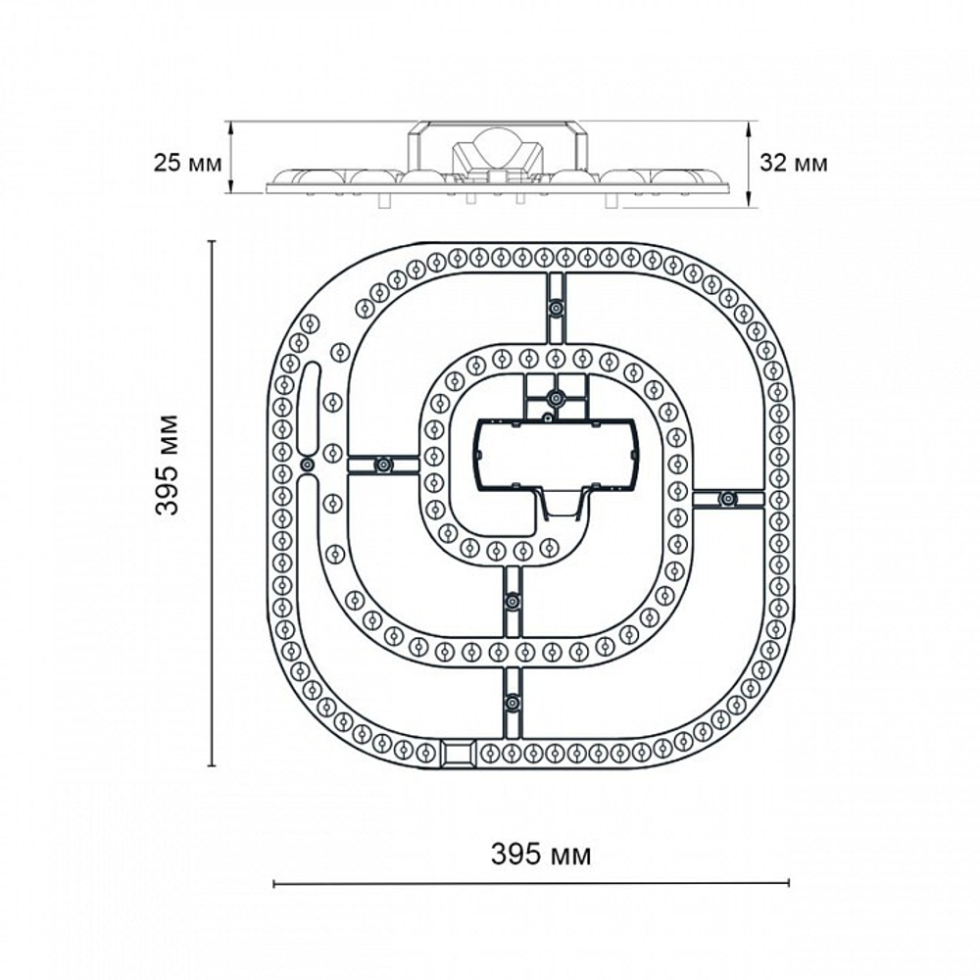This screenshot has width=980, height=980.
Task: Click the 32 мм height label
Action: (x=794, y=163)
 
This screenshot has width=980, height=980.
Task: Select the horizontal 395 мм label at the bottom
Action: (x=540, y=855)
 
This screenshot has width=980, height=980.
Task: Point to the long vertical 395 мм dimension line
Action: (x=213, y=504)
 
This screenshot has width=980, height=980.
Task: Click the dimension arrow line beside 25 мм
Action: (x=231, y=157)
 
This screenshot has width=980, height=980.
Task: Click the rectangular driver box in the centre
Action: (x=556, y=456)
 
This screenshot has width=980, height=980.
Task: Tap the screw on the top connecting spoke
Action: (x=556, y=308)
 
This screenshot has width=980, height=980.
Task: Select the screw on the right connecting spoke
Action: (x=727, y=499)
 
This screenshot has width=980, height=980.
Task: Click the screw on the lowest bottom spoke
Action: (x=511, y=702)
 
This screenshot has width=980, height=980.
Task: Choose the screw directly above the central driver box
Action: (x=556, y=398)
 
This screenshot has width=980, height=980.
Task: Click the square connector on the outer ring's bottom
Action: (x=457, y=753)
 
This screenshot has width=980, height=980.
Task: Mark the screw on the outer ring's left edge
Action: (x=306, y=465)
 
